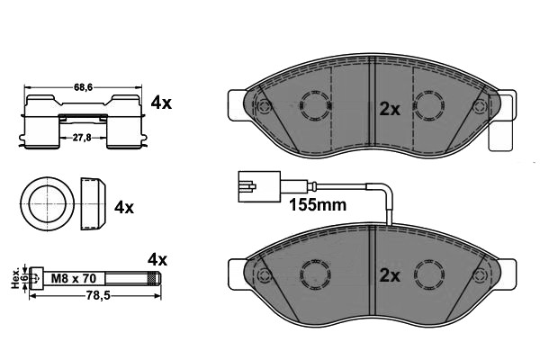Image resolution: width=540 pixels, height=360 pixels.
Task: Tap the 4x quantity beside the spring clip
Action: tap(161, 103)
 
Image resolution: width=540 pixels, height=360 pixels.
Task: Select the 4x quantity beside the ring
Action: tap(124, 207)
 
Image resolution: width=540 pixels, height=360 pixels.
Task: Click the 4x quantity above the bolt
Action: tap(157, 259)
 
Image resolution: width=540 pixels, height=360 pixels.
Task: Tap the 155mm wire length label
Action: tap(318, 204)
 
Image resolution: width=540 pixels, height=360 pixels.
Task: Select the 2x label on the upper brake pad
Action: tap(389, 109)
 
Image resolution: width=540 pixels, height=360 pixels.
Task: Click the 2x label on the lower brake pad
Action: tap(389, 276)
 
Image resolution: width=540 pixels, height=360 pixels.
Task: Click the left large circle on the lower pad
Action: tap(314, 272)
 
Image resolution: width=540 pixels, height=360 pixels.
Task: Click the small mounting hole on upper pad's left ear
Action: tap(264, 108)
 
